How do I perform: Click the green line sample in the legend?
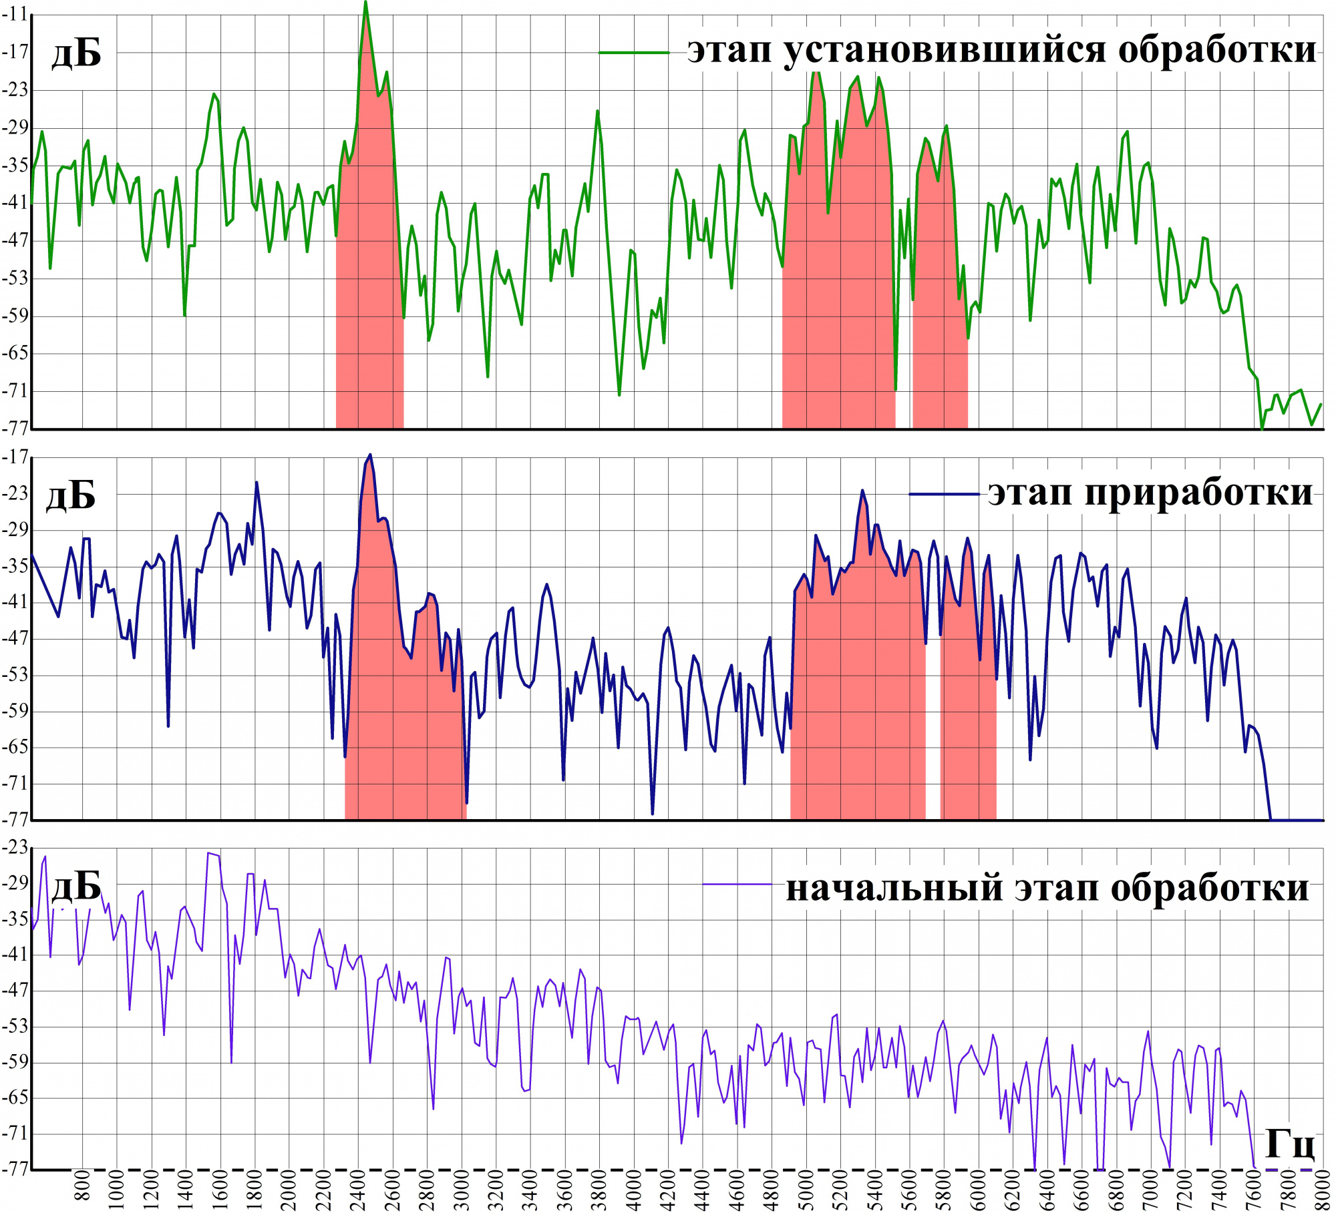pyautogui.click(x=634, y=52)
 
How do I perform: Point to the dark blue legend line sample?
pyautogui.click(x=944, y=494)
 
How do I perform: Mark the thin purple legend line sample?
pyautogui.click(x=737, y=885)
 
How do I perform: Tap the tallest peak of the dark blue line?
pyautogui.click(x=370, y=455)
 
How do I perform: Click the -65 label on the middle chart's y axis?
pyautogui.click(x=15, y=746)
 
